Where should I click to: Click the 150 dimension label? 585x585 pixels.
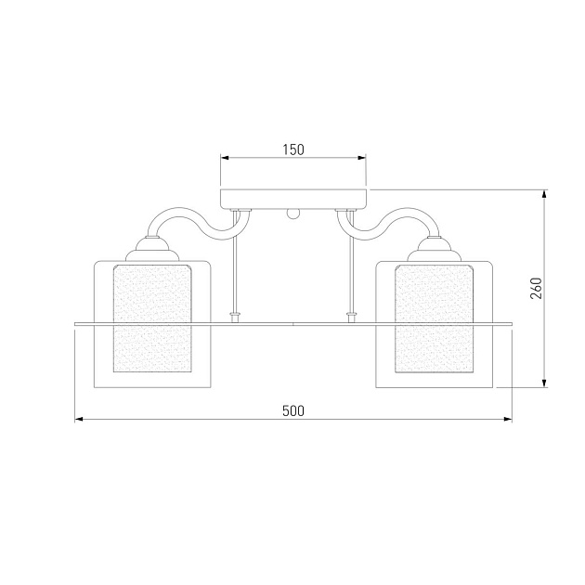(x=293, y=149)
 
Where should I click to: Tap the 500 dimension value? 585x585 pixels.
(x=293, y=410)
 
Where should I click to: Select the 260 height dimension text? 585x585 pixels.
(x=536, y=288)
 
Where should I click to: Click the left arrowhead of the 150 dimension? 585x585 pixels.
(x=225, y=158)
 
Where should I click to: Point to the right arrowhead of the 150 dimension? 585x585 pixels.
(x=362, y=158)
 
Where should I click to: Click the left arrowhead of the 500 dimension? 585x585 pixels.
(x=79, y=420)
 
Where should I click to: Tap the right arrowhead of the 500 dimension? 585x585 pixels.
(x=508, y=420)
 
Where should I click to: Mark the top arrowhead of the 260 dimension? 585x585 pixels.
(x=544, y=194)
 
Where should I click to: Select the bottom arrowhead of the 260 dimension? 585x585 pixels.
(x=544, y=383)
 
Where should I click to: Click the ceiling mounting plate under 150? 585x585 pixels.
(x=293, y=200)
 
